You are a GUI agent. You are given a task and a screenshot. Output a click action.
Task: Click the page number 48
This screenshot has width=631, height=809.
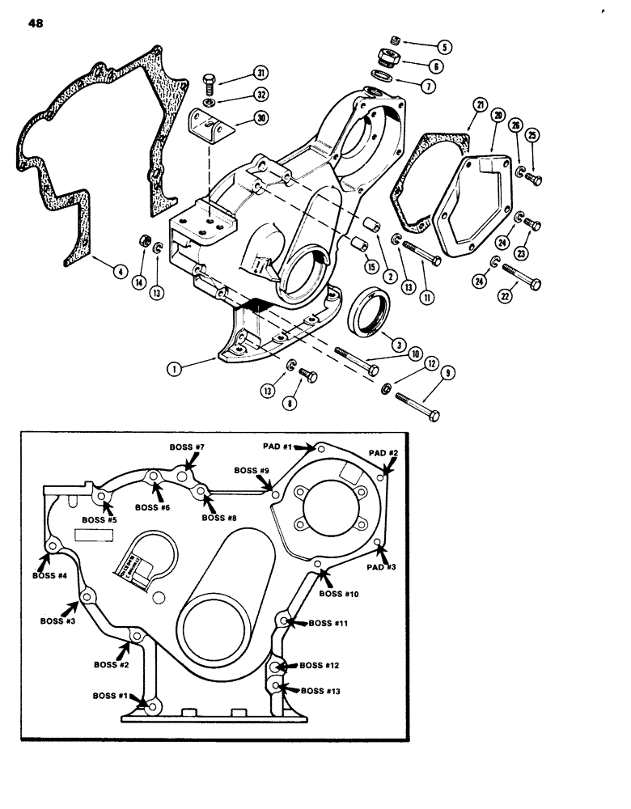35,23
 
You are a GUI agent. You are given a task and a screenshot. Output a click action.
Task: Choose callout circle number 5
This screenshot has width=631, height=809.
444,46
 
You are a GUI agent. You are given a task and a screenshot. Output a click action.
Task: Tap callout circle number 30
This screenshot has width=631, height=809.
260,118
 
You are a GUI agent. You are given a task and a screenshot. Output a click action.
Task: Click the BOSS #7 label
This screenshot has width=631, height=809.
188,447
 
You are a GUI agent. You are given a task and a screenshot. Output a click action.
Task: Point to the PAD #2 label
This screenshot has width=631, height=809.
384,451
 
